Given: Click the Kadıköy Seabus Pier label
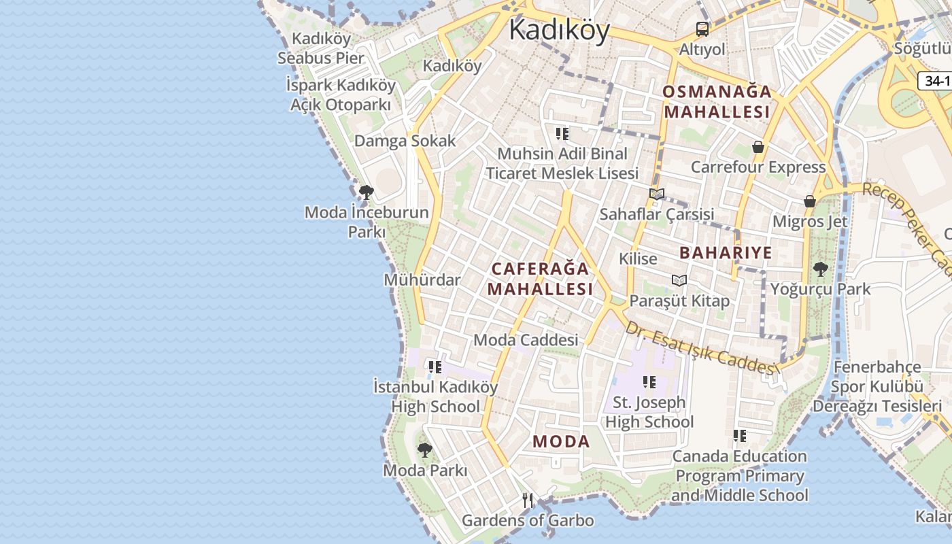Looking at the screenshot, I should point(321,48).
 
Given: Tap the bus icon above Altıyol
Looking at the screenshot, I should point(702,29).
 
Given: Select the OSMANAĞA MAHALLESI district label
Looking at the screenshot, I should point(717,101).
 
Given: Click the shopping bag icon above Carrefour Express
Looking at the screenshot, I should point(758,147).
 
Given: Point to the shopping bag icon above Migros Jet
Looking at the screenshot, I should point(810,201).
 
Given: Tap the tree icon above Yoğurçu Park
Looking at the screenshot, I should point(821,269).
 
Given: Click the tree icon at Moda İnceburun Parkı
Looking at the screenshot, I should point(366,192).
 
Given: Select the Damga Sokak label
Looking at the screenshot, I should point(405,141).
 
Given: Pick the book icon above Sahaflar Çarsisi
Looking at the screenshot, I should point(656,194).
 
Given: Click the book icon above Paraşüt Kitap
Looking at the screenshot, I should point(679,280).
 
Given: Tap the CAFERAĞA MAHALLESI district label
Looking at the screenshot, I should point(540,278).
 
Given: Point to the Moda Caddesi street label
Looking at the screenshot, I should point(526,339).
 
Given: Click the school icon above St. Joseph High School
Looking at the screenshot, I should point(649,382).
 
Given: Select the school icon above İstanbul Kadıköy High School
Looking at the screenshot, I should point(435,367).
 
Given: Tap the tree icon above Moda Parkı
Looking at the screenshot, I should point(425,449).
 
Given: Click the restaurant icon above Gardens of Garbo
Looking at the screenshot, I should point(528,500).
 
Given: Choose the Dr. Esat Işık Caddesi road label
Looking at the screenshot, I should point(701,347).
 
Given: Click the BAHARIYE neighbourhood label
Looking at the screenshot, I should point(726,253).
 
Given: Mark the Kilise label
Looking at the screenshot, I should point(638,258).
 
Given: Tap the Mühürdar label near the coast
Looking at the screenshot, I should point(422,279).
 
